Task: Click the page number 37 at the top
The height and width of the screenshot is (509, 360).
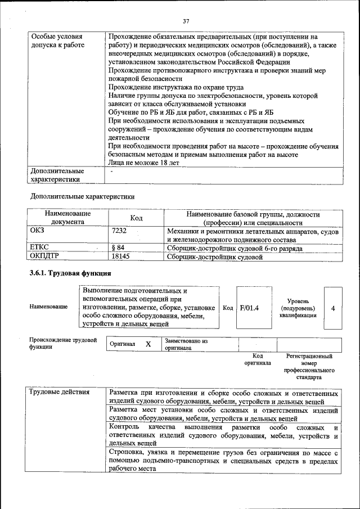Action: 186,21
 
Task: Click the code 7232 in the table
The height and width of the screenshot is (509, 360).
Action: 119,231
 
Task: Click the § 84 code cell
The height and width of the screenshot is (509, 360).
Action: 118,247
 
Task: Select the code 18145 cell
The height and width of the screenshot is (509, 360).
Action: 121,257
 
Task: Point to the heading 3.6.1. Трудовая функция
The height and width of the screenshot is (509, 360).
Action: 70,273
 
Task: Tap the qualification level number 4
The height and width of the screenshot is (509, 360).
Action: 333,308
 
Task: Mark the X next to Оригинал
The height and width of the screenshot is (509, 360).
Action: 148,344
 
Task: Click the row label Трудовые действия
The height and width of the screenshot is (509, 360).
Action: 59,392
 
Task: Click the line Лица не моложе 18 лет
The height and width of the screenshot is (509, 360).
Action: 143,163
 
